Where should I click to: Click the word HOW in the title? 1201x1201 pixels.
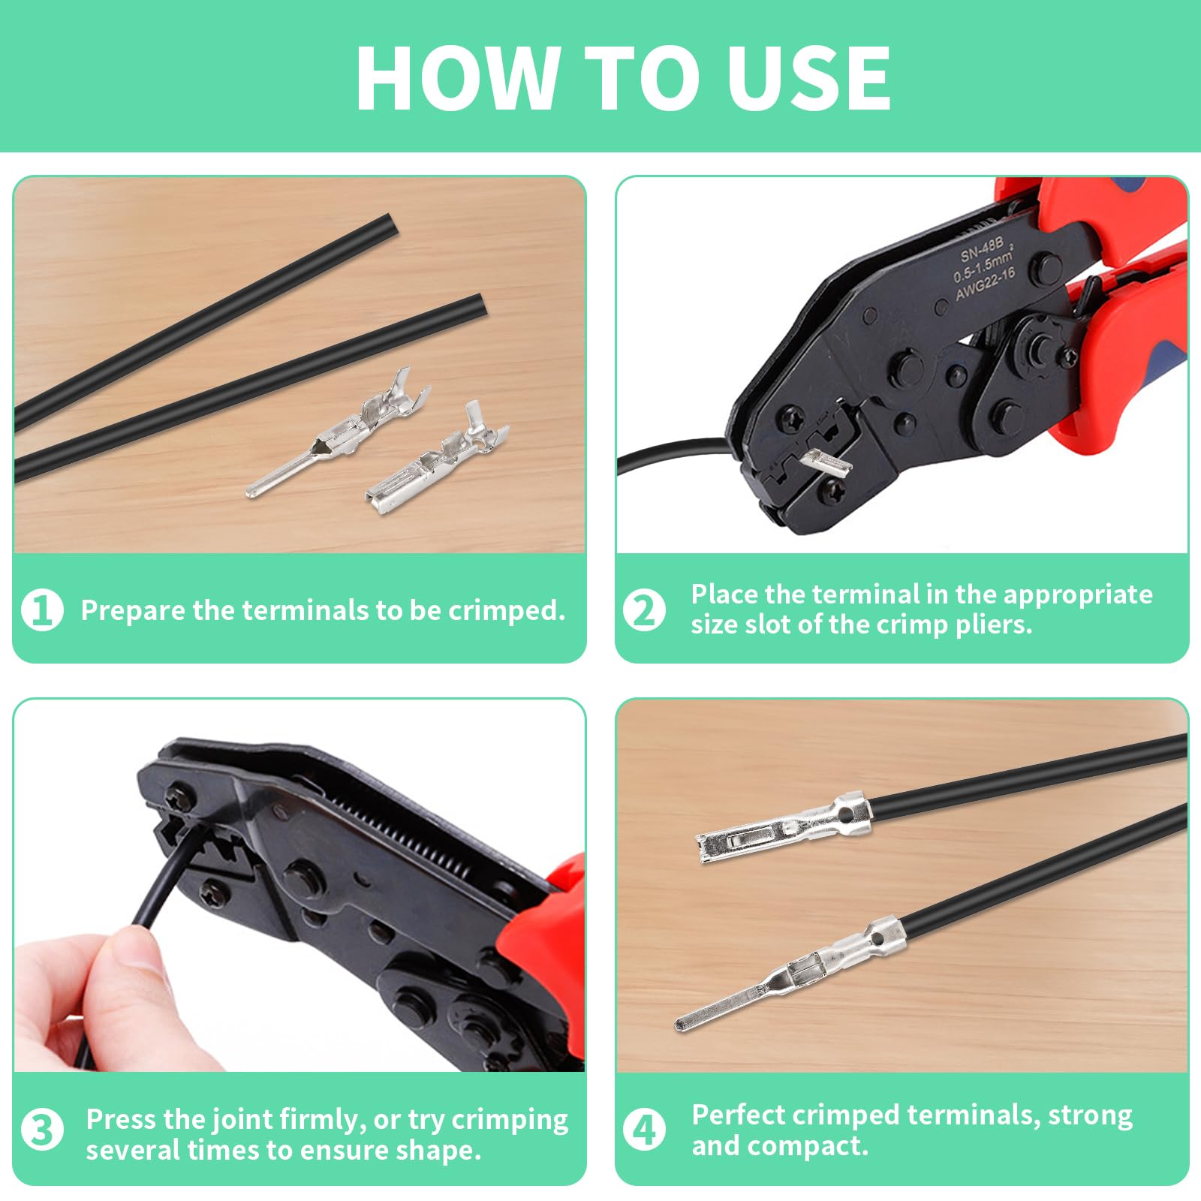[459, 77]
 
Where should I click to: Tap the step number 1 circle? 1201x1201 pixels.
[42, 610]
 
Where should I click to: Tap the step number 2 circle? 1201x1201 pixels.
[644, 610]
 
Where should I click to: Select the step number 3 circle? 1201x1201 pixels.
[42, 1130]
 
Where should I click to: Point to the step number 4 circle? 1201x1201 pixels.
[644, 1130]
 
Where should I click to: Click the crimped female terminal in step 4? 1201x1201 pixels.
[784, 829]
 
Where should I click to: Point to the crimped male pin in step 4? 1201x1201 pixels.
[790, 974]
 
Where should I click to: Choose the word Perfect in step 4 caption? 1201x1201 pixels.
[739, 1115]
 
